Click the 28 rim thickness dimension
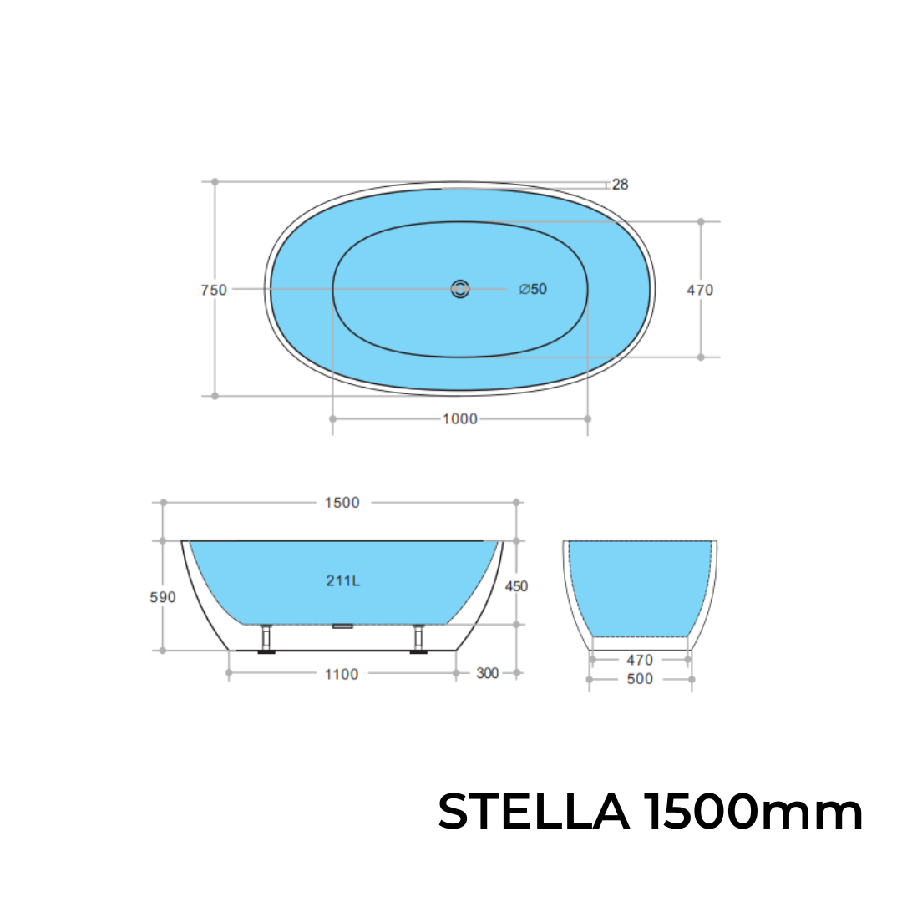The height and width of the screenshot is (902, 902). [x=620, y=185]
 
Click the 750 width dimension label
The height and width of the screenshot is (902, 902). [x=214, y=291]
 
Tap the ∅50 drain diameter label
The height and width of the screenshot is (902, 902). [x=533, y=289]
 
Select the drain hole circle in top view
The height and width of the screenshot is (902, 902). [x=460, y=289]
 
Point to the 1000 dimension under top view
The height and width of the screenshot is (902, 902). [x=460, y=418]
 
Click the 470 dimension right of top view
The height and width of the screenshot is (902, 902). [x=700, y=291]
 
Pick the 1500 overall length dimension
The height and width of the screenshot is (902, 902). [x=342, y=503]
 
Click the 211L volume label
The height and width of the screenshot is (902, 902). [x=343, y=581]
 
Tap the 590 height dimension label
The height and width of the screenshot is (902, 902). [x=163, y=598]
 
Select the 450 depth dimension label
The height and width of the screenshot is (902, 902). [x=516, y=586]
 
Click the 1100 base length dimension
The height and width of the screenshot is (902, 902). [x=342, y=674]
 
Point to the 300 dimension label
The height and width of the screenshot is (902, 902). [x=487, y=673]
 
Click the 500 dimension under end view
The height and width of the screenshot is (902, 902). [x=640, y=679]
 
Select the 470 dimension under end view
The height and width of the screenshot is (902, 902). [x=640, y=660]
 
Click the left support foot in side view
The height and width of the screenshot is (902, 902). [x=266, y=640]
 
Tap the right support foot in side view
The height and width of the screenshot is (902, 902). [x=418, y=640]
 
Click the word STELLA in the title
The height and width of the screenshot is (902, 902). [x=534, y=812]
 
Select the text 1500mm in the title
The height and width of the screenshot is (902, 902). [x=753, y=812]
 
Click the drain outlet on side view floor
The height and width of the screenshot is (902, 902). [x=343, y=626]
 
